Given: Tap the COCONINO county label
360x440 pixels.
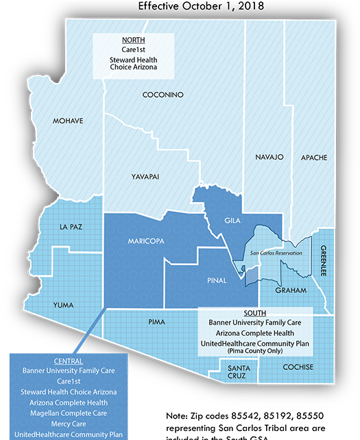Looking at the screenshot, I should pos(163,94).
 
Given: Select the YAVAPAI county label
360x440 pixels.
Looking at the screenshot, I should pos(145,177).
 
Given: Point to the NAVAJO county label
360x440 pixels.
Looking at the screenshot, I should pos(269,157).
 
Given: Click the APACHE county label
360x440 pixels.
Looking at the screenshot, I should pos(314,158).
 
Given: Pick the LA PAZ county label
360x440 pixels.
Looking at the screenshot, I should pos(71,227).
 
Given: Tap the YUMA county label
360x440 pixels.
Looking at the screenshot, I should pos(64,305).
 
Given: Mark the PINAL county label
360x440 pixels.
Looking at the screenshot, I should pos(217,281).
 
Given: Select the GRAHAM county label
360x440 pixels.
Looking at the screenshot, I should pos(291,290).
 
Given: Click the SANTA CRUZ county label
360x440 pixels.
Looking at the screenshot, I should pos(239,373).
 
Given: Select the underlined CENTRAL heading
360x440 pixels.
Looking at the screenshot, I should pos(68,361).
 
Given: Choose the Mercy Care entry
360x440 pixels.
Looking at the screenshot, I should pos(68,424).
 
